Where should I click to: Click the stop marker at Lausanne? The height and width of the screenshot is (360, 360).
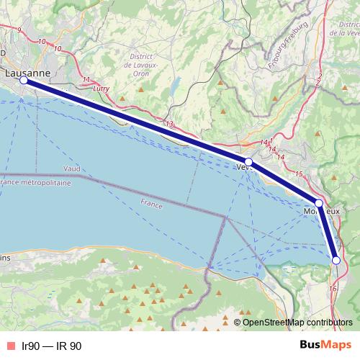point(24,81)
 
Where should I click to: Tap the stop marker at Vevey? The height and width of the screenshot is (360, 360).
point(248,162)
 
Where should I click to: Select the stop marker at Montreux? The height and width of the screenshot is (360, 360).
point(318,202)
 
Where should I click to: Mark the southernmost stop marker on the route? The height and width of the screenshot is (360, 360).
point(336,260)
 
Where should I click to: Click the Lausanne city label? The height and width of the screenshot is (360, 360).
point(27,73)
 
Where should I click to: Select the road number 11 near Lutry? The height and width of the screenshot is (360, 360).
point(87,79)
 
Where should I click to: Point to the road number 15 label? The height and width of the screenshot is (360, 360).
point(298,175)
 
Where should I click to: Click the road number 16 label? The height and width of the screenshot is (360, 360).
point(332,288)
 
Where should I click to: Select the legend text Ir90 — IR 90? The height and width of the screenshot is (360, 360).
point(51,346)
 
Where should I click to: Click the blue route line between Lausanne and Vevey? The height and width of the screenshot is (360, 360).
point(137,122)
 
